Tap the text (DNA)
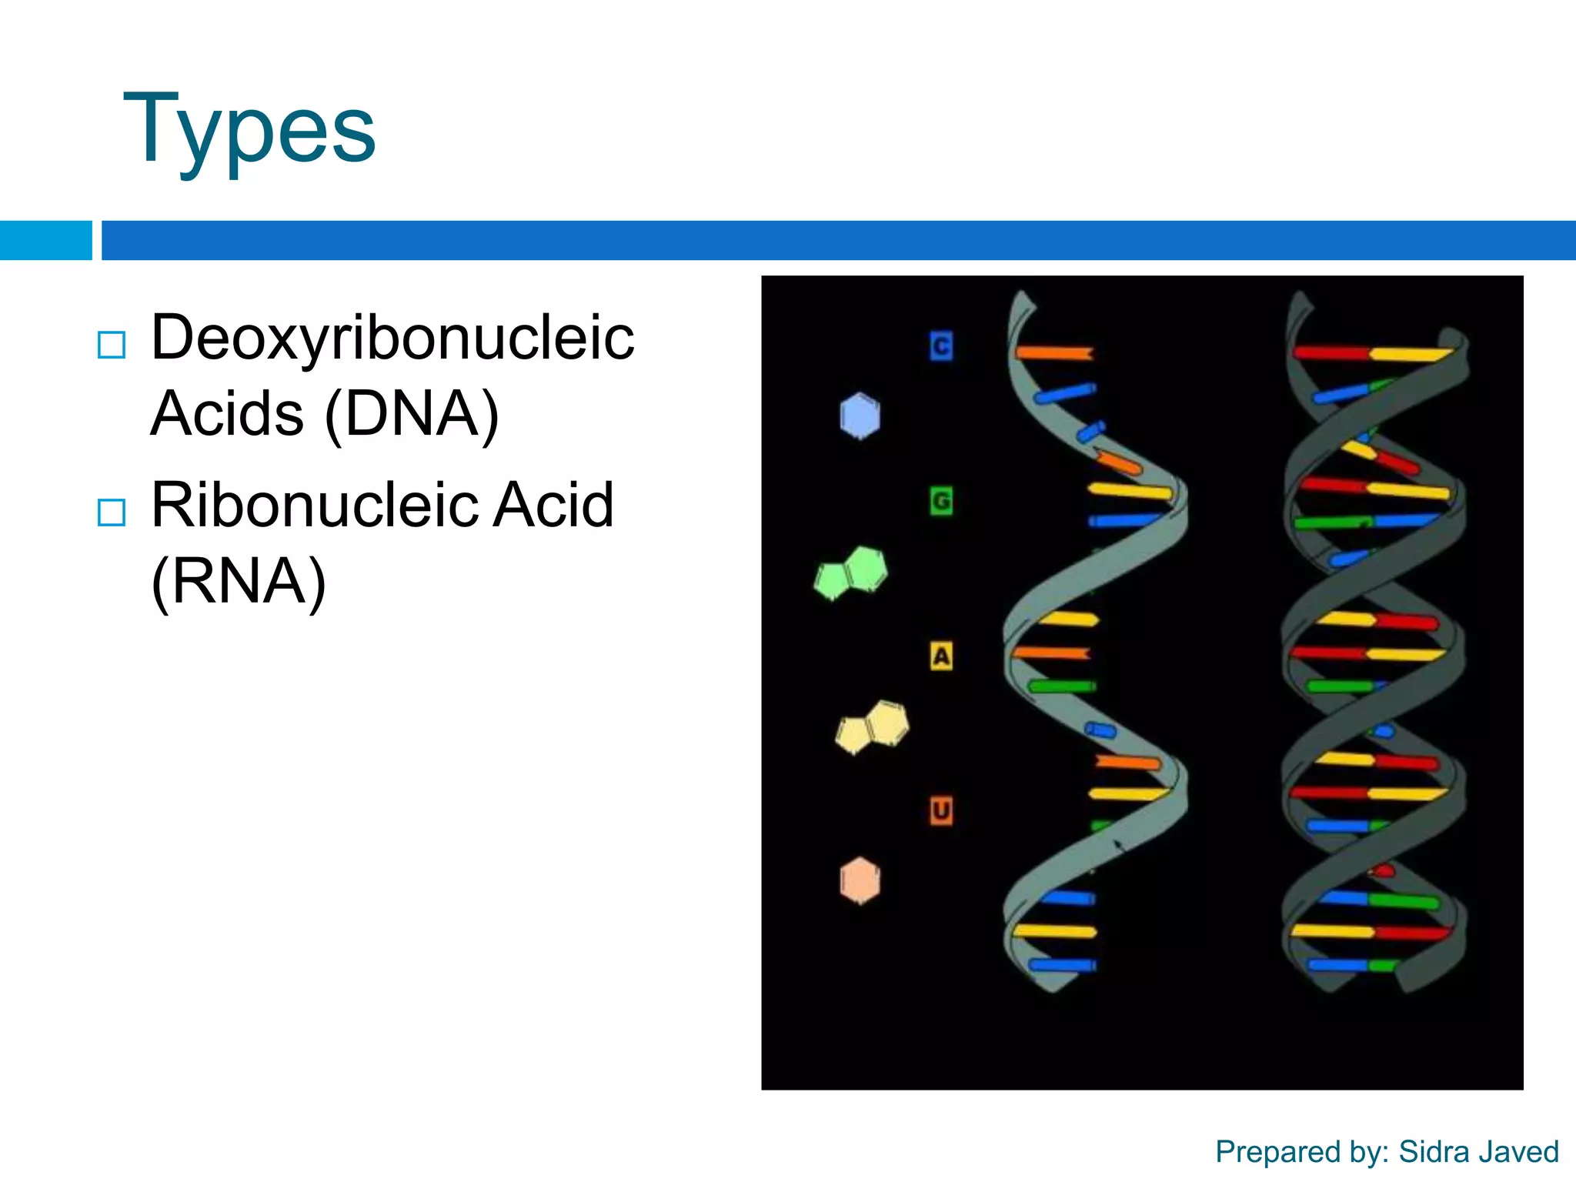tap(412, 414)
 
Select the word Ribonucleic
tap(315, 505)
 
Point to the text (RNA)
tap(239, 582)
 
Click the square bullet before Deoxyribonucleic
tap(112, 346)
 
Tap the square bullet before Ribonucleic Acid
tap(112, 513)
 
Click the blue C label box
tap(940, 346)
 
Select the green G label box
tap(940, 502)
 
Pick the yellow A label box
tap(940, 656)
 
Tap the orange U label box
tap(940, 811)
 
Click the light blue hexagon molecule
tap(860, 416)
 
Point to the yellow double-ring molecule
tap(873, 727)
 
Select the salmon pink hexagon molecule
tap(860, 880)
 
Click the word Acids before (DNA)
tap(228, 414)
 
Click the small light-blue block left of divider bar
tap(45, 240)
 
